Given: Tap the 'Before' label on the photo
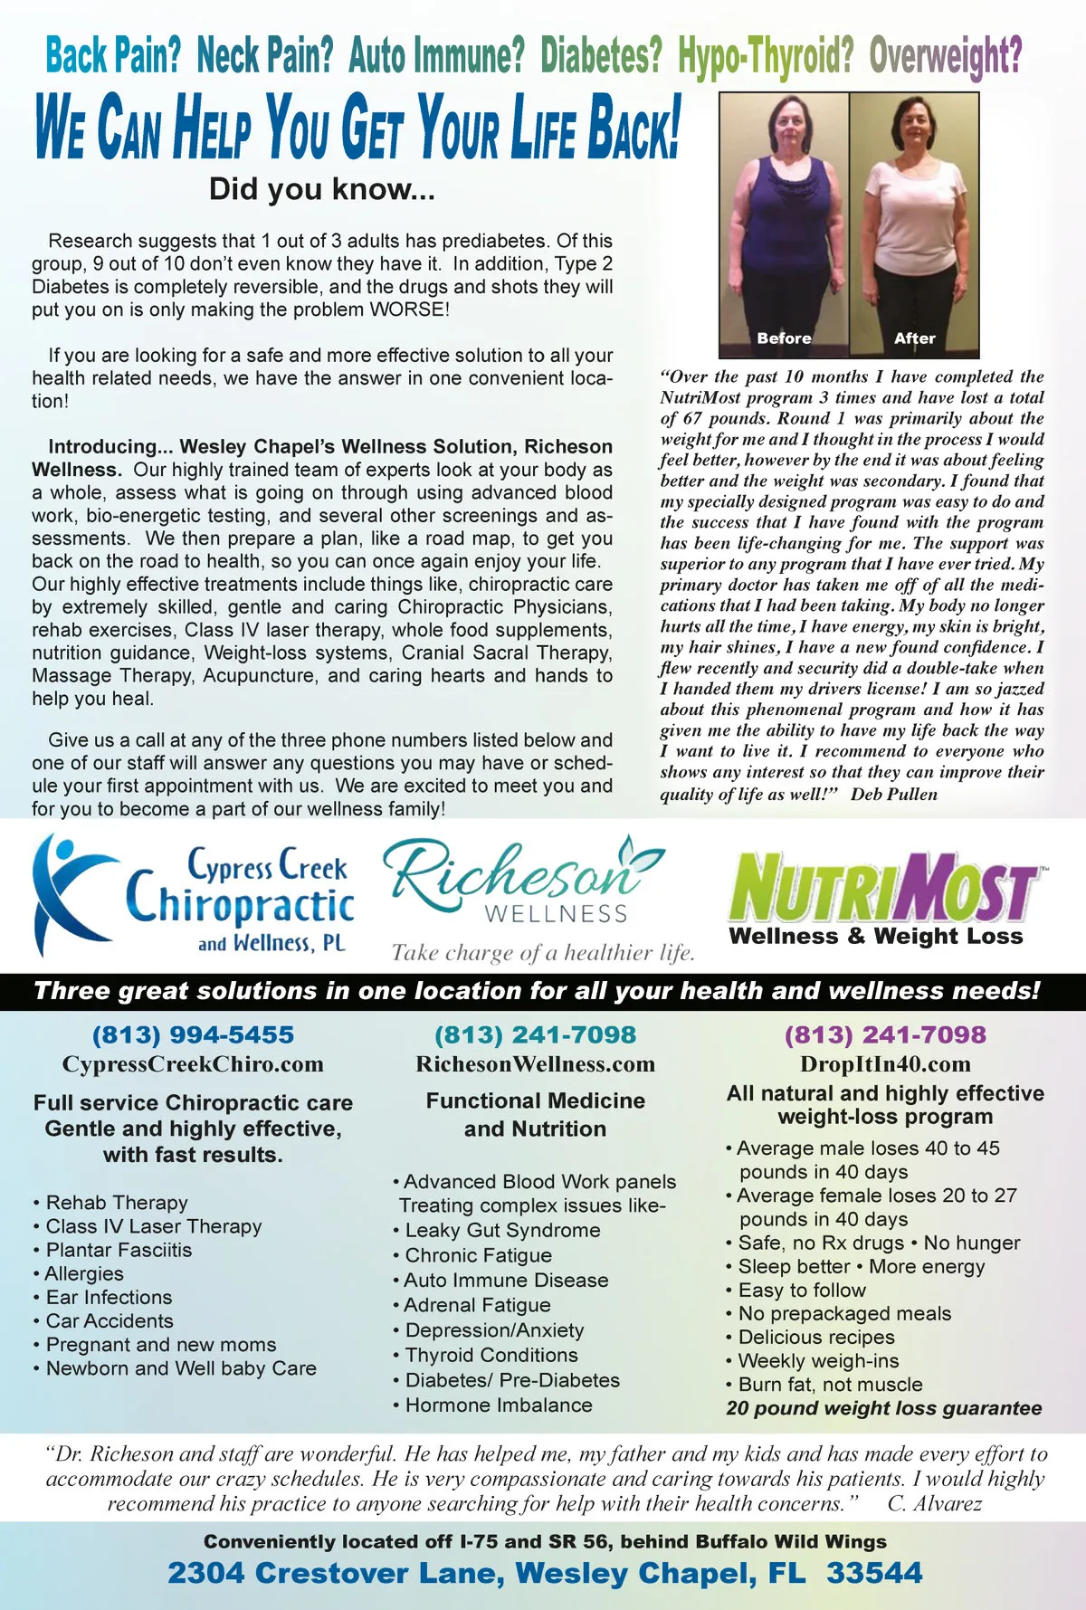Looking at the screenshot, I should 784,338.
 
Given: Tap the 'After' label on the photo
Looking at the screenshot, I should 914,338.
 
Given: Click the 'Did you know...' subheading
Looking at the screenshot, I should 321,189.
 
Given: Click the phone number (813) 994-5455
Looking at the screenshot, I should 193,1034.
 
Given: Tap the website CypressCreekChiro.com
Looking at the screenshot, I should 193,1064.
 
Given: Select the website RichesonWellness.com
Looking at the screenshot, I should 535,1064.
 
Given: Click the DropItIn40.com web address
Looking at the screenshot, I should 885,1064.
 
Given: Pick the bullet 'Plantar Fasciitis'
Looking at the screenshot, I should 119,1250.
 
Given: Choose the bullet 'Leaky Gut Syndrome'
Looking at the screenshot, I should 502,1230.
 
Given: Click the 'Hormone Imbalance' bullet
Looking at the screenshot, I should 499,1405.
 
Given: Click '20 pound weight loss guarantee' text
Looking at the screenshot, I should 883,1408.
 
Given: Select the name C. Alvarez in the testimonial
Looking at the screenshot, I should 934,1503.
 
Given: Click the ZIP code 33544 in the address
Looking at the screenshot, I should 874,1573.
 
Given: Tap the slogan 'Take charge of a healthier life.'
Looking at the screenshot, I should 543,952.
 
